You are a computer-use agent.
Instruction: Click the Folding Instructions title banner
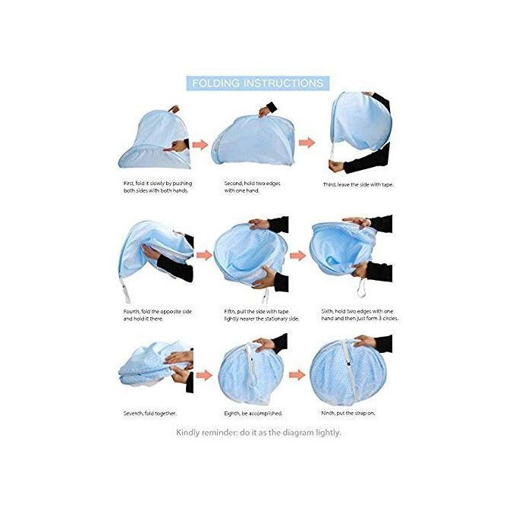point(258,83)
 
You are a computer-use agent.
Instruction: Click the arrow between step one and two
point(200,144)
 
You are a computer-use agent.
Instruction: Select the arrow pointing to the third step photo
point(307,143)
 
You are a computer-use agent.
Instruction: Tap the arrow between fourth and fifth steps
point(204,255)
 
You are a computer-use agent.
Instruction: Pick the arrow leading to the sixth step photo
point(297,256)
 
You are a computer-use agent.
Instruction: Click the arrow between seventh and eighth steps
point(204,375)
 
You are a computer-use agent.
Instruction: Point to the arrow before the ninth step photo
point(297,375)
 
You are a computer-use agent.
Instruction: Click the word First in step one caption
point(129,184)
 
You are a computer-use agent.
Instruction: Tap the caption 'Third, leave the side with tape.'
point(358,185)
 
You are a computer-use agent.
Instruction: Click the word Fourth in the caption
point(131,311)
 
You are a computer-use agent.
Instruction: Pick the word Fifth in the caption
point(229,311)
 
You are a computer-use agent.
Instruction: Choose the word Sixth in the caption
point(328,311)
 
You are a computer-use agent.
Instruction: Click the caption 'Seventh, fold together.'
point(149,414)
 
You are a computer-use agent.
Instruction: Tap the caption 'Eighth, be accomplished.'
point(253,414)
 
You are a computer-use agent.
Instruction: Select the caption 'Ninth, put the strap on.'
point(348,413)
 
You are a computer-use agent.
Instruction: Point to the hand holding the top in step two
point(266,112)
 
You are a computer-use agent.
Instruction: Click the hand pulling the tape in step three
point(336,166)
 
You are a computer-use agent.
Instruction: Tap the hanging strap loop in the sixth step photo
point(362,288)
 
